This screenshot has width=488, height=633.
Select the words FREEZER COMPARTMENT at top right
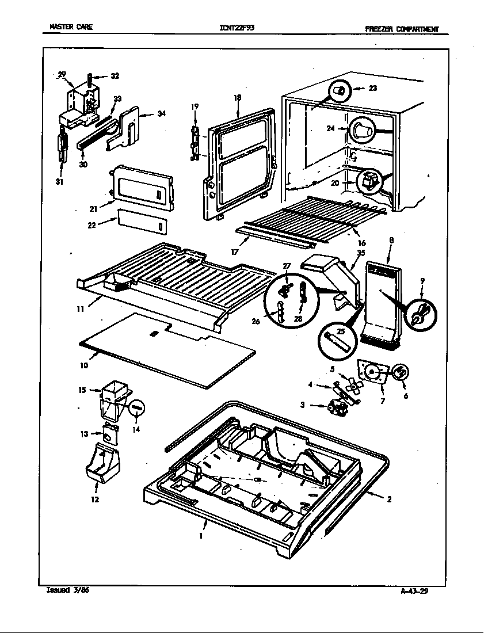(402, 29)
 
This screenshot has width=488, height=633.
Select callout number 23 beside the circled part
(373, 89)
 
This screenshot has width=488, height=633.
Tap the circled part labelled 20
(369, 182)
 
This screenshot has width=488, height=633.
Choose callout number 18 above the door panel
(237, 98)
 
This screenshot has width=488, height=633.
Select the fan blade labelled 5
(350, 382)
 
